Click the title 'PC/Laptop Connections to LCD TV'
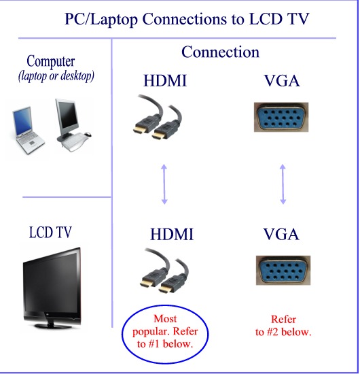[187, 18]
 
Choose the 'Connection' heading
[220, 52]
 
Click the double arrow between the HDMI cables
[164, 182]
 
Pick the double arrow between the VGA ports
[283, 182]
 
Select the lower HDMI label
[171, 235]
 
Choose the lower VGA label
[281, 235]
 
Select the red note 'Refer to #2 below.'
[283, 326]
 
